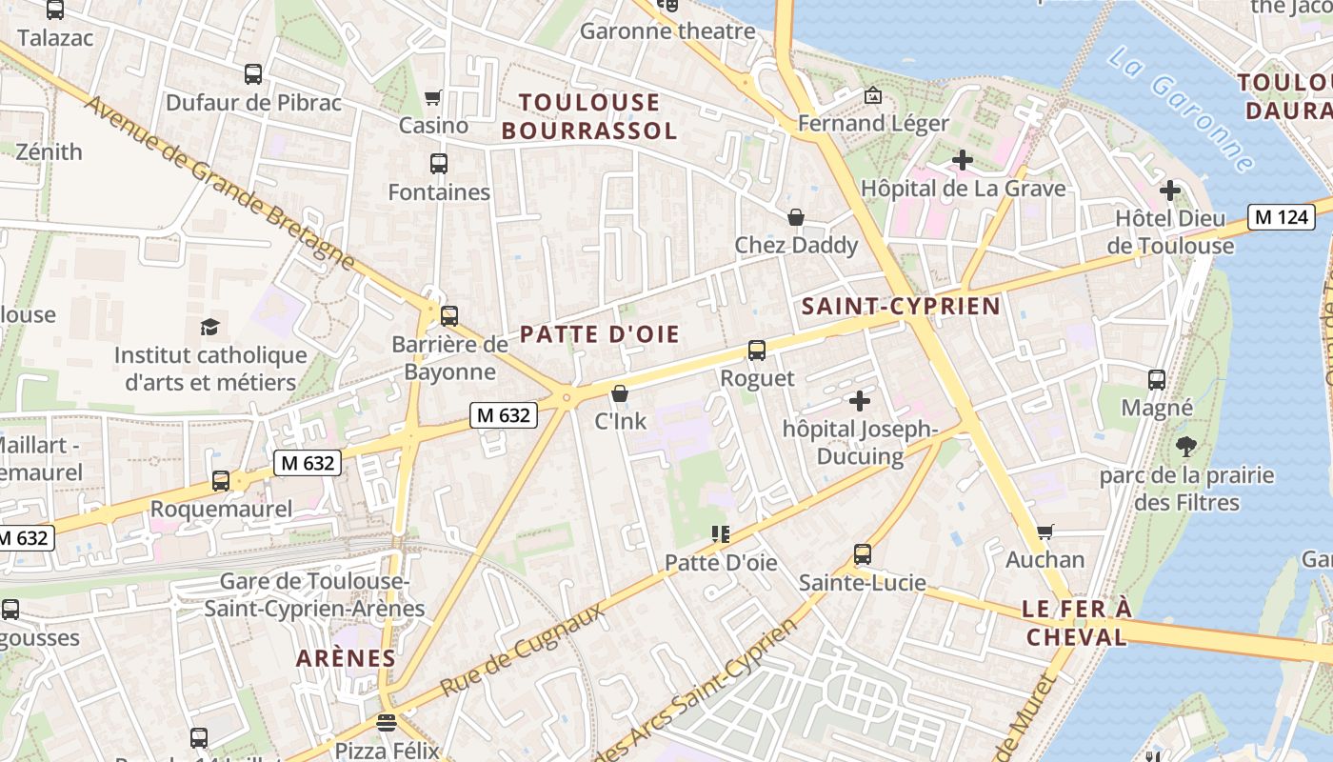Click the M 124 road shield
click(x=1282, y=217)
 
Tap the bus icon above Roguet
click(x=757, y=350)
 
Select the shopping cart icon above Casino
click(x=433, y=97)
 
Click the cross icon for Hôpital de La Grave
click(x=963, y=160)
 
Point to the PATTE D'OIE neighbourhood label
click(x=600, y=334)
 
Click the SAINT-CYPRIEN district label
click(x=901, y=306)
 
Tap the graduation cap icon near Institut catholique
click(x=209, y=328)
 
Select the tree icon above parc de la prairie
click(x=1186, y=446)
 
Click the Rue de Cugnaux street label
click(x=523, y=650)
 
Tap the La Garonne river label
click(x=1181, y=110)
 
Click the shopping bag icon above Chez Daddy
click(x=796, y=217)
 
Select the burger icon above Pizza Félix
click(x=386, y=722)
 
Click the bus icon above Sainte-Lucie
click(x=862, y=553)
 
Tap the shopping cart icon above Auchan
click(x=1045, y=531)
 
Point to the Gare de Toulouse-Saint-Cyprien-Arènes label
click(x=314, y=595)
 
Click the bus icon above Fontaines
click(x=439, y=164)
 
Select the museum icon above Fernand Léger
click(x=872, y=95)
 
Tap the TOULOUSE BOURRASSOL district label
click(x=589, y=116)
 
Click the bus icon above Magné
click(x=1157, y=380)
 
